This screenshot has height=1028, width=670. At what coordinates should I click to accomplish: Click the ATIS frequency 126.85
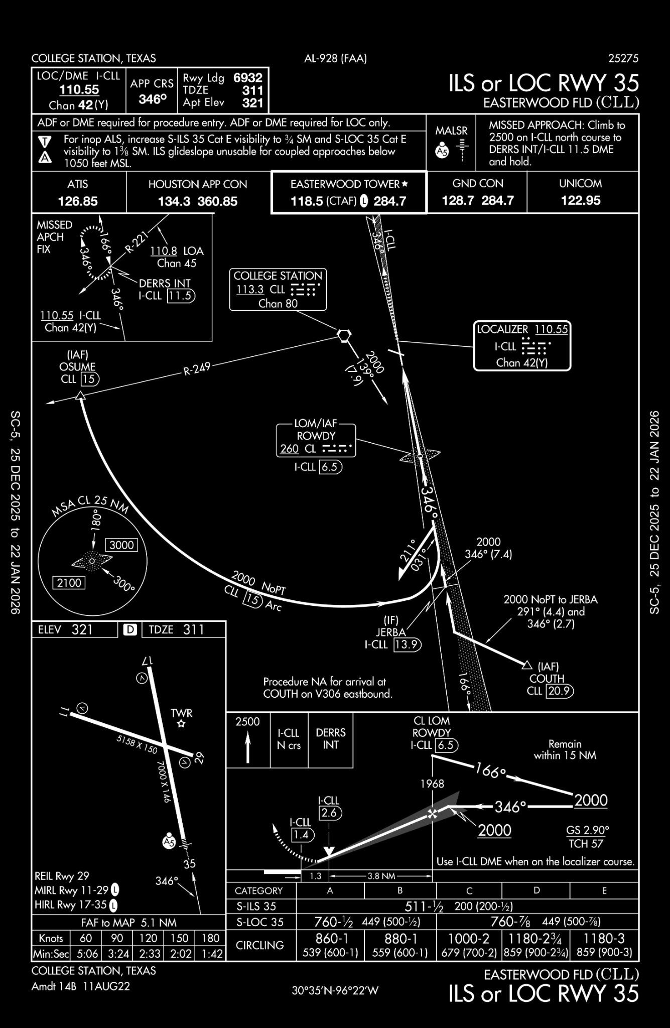(78, 201)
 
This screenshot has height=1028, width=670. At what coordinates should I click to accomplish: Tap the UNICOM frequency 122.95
(580, 200)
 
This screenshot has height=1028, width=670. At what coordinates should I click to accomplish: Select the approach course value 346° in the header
(152, 99)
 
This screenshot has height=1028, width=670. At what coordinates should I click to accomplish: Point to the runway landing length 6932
(247, 78)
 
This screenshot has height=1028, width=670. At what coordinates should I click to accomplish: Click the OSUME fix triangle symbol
(80, 396)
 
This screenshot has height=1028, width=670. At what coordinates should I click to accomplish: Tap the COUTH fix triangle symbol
(526, 665)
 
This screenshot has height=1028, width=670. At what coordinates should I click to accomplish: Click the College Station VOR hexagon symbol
(344, 335)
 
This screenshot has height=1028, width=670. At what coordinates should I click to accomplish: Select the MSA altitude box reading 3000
(121, 545)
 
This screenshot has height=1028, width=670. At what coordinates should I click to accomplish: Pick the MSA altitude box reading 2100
(69, 582)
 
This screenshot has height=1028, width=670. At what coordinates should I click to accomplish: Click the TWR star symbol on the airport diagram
(182, 724)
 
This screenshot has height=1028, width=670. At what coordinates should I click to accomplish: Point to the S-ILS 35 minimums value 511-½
(424, 906)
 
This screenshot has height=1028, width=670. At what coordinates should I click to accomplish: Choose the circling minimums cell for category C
(469, 945)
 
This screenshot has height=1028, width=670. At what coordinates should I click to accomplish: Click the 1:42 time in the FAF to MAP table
(210, 953)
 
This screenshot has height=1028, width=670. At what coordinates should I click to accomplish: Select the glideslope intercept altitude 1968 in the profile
(432, 784)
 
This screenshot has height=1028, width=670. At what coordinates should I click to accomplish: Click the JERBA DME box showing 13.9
(407, 645)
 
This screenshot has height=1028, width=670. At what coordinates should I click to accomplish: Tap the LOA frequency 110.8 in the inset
(164, 250)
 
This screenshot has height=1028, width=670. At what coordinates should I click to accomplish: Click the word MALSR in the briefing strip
(451, 131)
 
